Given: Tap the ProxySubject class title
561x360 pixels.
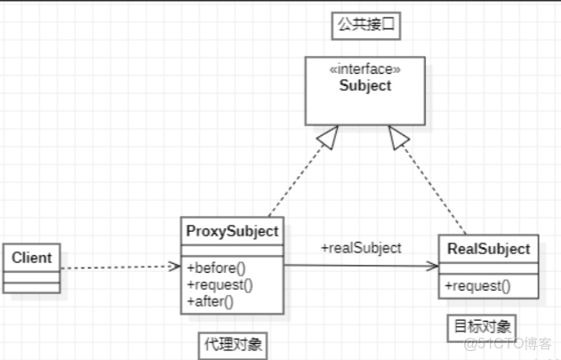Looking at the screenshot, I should pyautogui.click(x=232, y=231).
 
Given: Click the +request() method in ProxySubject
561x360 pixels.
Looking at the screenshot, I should pyautogui.click(x=220, y=284).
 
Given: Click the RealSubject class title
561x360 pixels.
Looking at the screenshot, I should pyautogui.click(x=488, y=249).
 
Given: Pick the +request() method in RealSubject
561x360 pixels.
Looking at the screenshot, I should pyautogui.click(x=477, y=285).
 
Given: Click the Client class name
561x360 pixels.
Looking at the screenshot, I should pyautogui.click(x=31, y=258).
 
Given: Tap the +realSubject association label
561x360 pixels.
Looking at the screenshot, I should pyautogui.click(x=361, y=248).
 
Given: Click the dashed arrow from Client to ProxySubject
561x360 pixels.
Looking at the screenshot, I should pyautogui.click(x=120, y=267).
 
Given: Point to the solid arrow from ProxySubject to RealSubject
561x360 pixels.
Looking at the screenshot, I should pyautogui.click(x=360, y=265).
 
